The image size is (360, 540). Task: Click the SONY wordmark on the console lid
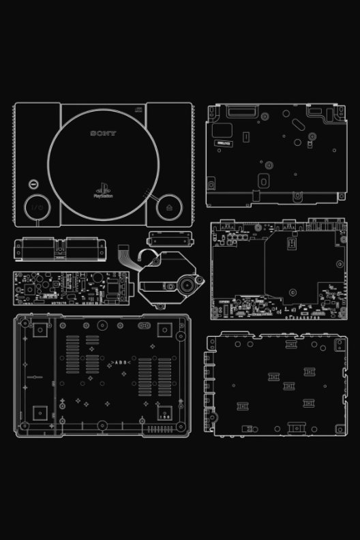pos(104,134)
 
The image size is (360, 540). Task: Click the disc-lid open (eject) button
pos(168,206)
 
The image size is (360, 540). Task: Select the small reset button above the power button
pos(33,184)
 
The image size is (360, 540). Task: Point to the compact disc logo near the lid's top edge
pos(139,107)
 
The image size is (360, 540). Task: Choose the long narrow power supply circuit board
pos(67,288)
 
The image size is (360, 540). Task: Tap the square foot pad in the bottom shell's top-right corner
pos(164,330)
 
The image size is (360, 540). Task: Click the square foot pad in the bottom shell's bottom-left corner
pos(39,412)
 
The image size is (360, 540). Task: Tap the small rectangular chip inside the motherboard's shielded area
pos(294,242)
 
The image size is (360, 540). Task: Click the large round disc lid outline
pos(103,164)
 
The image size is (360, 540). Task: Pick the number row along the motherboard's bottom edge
pos(307,317)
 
